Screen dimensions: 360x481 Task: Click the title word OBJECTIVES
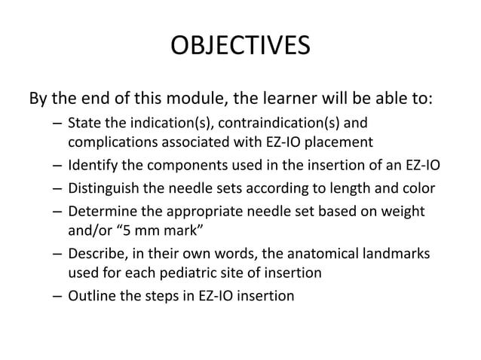click(240, 46)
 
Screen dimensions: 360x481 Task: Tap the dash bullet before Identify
click(58, 165)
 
